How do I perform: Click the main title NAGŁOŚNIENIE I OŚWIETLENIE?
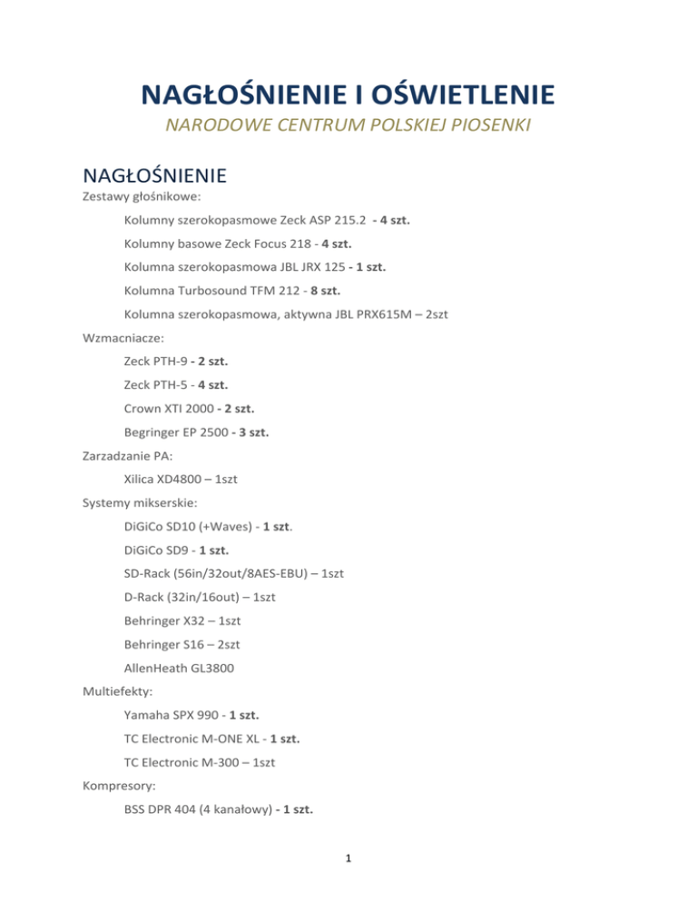pyautogui.click(x=348, y=94)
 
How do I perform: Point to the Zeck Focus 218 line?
pyautogui.click(x=239, y=243)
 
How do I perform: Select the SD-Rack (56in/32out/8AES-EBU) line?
pyautogui.click(x=234, y=574)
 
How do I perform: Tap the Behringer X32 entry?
pyautogui.click(x=182, y=621)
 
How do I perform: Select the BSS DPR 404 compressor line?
pyautogui.click(x=220, y=810)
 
